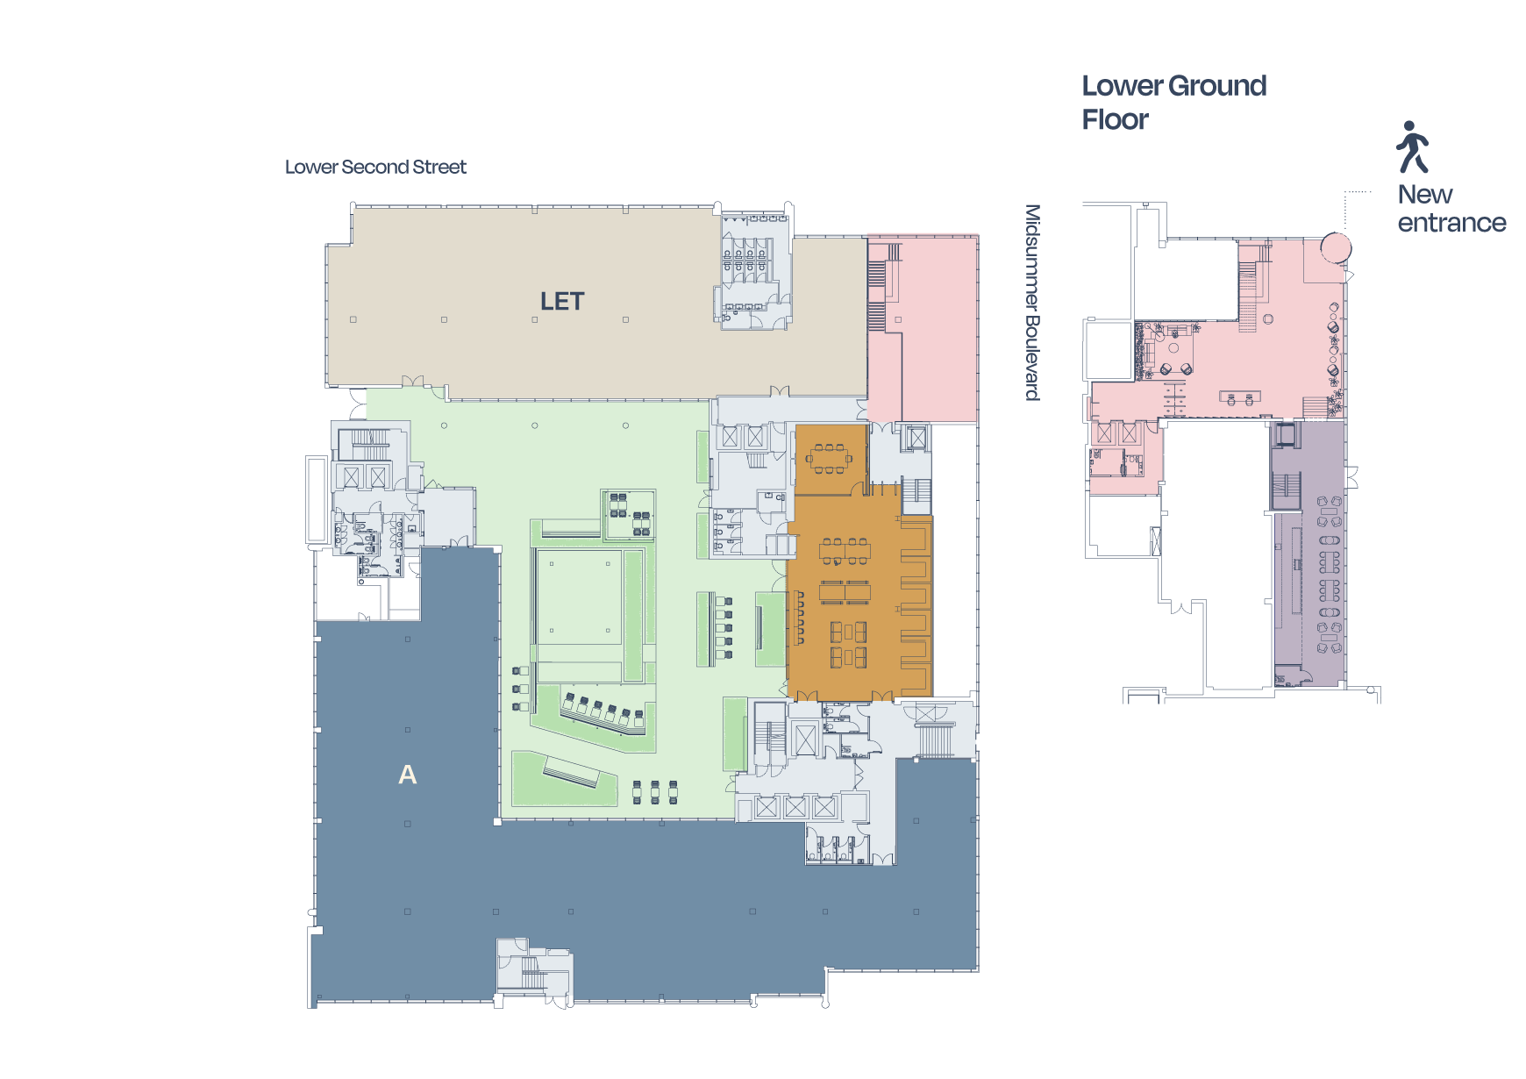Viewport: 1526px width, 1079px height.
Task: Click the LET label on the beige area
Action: click(x=562, y=302)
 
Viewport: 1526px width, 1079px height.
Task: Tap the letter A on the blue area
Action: click(x=408, y=775)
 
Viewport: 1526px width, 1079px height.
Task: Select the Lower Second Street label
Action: click(x=375, y=167)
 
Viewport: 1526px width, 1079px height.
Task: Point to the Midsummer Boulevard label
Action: click(x=1033, y=303)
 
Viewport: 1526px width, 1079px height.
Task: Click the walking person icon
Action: click(x=1412, y=146)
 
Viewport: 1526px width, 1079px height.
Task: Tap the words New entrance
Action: click(x=1451, y=208)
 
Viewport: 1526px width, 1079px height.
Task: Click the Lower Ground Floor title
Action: click(x=1173, y=102)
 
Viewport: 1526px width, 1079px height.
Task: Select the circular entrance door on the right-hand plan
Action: click(x=1336, y=247)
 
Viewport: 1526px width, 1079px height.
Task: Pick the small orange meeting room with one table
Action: click(x=831, y=459)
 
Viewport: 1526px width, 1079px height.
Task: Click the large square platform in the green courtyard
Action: click(x=580, y=597)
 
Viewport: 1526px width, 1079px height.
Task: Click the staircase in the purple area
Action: click(x=1286, y=489)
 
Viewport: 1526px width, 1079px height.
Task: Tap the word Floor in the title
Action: click(x=1115, y=119)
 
